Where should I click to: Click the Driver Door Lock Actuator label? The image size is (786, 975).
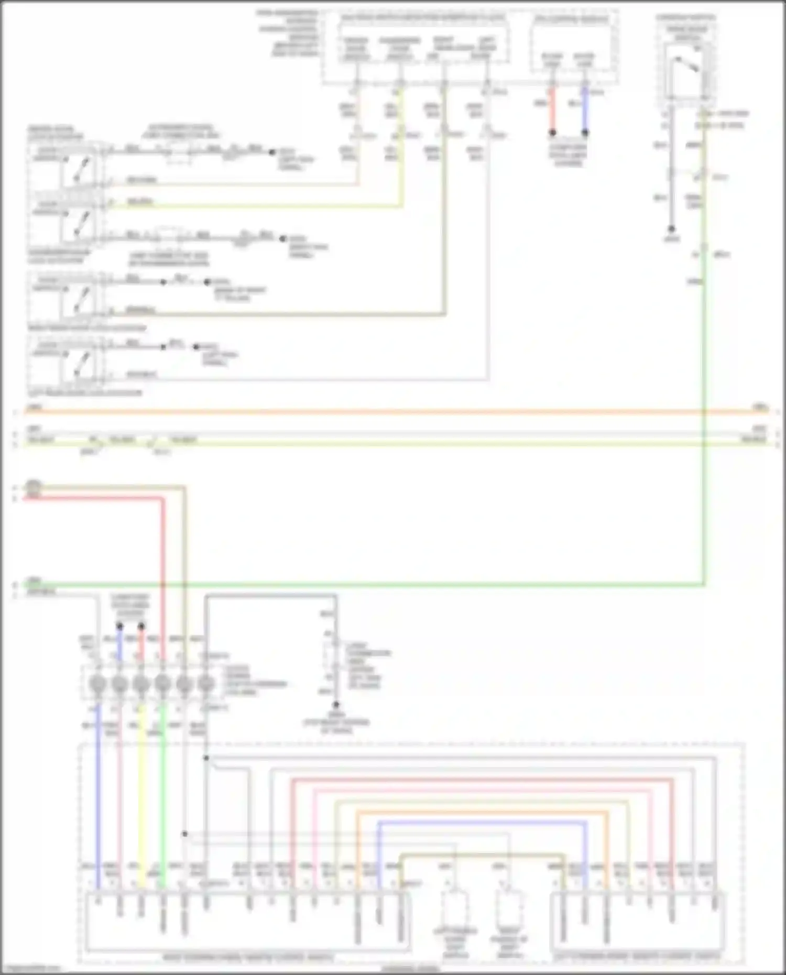[x=55, y=133]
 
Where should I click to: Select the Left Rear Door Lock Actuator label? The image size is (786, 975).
[x=84, y=392]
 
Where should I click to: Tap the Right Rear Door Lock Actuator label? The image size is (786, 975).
[x=87, y=328]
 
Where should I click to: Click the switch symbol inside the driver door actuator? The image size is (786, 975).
[x=79, y=168]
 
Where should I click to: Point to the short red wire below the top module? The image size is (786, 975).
[x=552, y=110]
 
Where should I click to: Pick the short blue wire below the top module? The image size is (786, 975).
[x=585, y=110]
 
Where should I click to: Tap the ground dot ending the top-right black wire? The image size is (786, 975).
[x=671, y=229]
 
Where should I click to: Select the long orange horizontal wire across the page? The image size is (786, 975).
[x=393, y=412]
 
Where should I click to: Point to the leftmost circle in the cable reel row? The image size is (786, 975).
[x=97, y=684]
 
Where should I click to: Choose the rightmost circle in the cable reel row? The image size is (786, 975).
[x=206, y=684]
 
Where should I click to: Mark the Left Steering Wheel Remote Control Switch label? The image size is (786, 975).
[x=637, y=957]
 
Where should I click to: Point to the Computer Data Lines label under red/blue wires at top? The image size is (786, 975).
[x=569, y=155]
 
